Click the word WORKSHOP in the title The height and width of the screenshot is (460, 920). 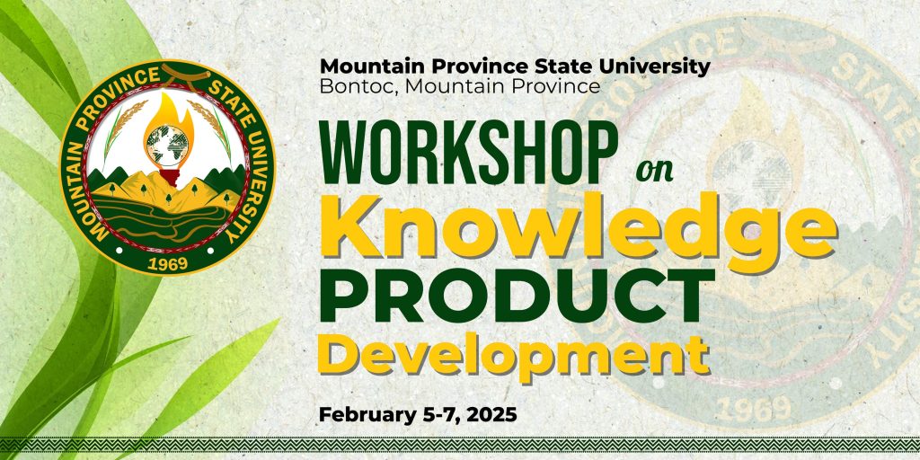(468, 153)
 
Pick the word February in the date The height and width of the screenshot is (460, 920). (366, 415)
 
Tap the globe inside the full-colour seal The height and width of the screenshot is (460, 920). (167, 145)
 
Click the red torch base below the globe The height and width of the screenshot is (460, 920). (168, 177)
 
